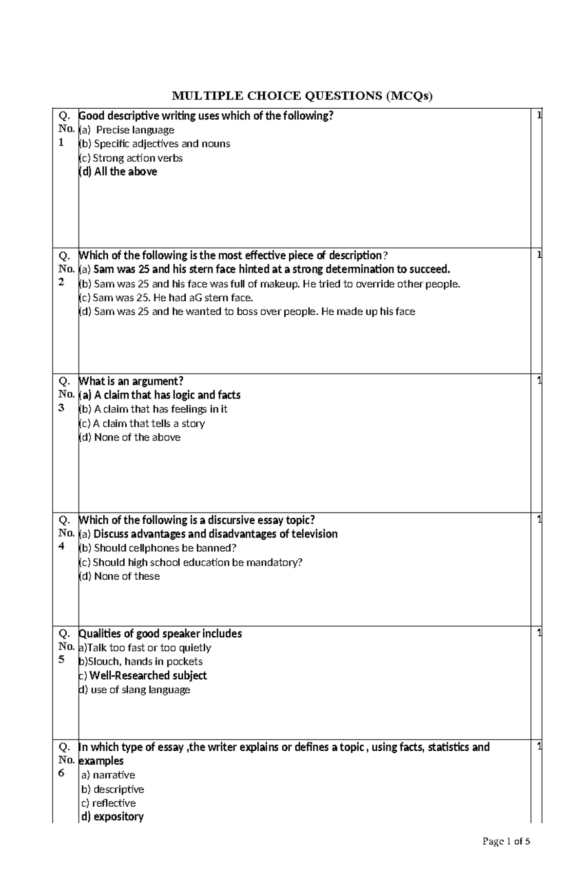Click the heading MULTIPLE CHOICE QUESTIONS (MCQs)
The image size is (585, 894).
click(302, 96)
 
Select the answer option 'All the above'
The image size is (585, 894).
click(118, 171)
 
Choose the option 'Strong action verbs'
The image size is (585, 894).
click(131, 158)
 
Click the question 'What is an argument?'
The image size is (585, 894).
click(131, 381)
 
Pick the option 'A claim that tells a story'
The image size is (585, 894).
click(142, 423)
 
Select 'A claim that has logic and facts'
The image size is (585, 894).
click(159, 395)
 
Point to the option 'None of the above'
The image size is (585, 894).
click(130, 437)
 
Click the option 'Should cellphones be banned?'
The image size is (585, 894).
click(157, 548)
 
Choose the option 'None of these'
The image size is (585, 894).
click(119, 576)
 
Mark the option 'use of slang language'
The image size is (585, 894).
click(135, 690)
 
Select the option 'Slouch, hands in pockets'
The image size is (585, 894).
click(140, 662)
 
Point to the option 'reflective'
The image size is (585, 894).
click(109, 803)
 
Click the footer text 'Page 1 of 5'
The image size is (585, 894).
click(506, 855)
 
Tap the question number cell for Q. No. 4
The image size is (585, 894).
click(65, 533)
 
